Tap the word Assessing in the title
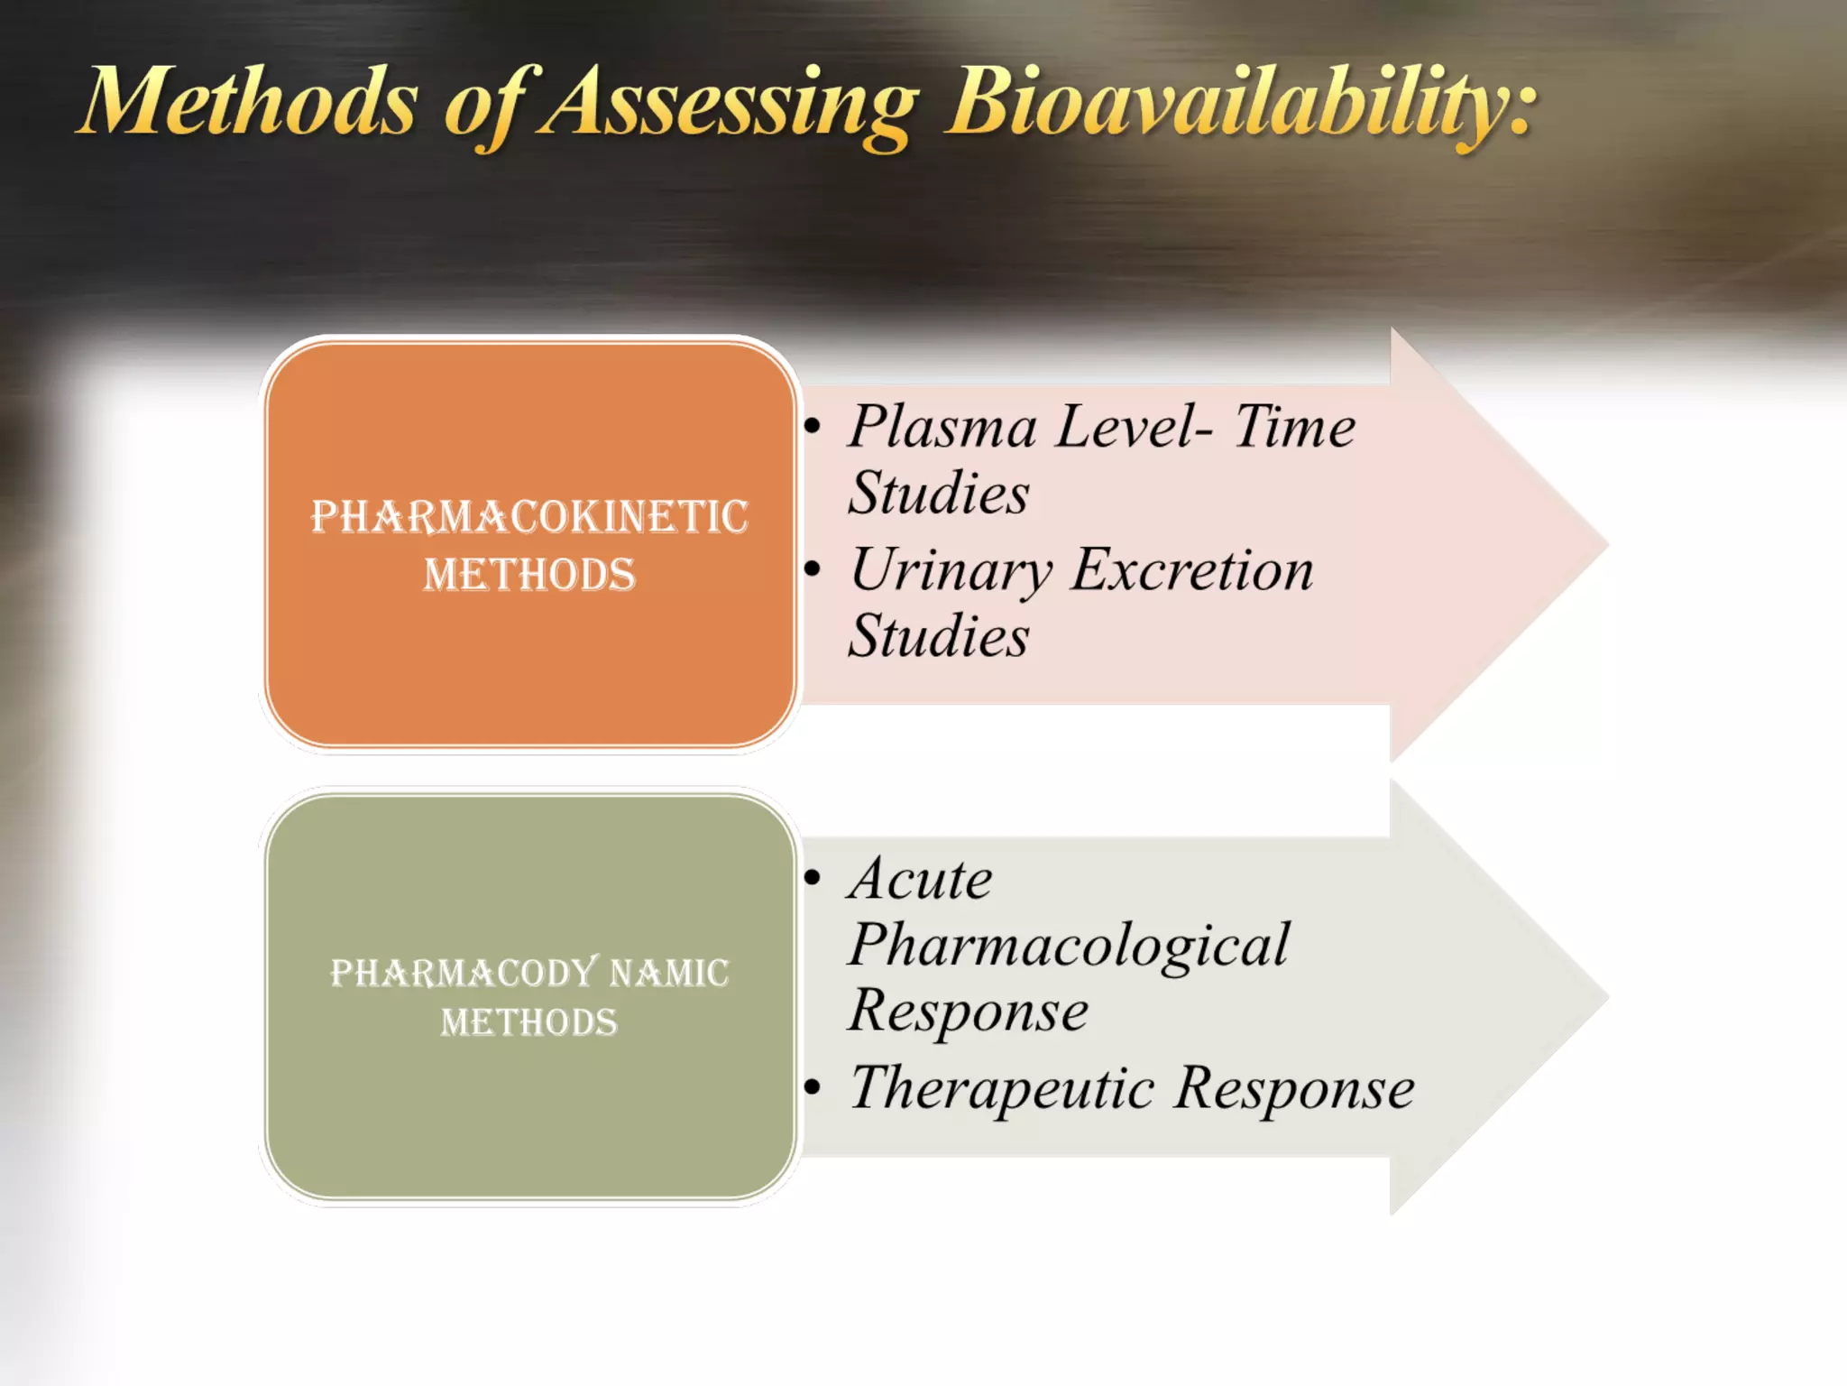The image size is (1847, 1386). tap(729, 104)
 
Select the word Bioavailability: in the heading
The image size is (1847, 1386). tap(1240, 104)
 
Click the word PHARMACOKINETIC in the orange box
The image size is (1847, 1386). tap(529, 517)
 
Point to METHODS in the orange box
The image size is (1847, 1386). tap(529, 575)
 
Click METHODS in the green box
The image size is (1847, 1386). tap(529, 1022)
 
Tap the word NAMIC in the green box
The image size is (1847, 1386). tap(669, 973)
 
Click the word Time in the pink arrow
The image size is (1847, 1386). tap(1294, 426)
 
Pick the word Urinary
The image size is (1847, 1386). tap(951, 572)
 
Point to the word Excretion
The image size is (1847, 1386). tap(1192, 570)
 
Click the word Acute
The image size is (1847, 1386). tap(920, 879)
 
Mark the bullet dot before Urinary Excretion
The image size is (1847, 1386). tap(813, 569)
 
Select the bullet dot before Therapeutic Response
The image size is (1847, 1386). tap(813, 1087)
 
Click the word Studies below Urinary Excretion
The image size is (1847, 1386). tap(938, 636)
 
